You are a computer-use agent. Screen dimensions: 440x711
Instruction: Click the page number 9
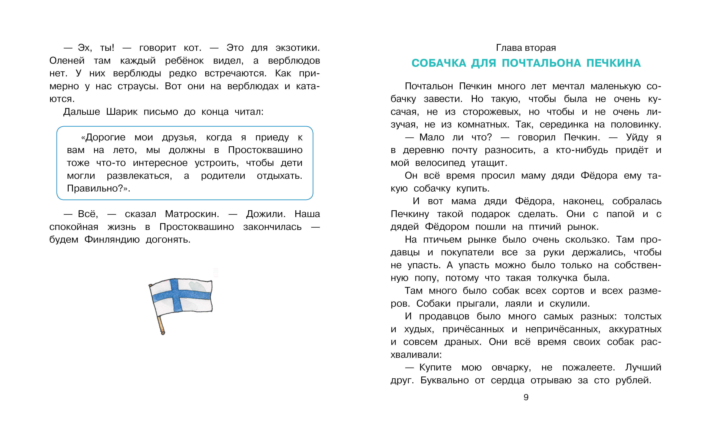(x=526, y=397)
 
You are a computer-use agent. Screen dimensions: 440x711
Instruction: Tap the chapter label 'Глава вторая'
(x=526, y=48)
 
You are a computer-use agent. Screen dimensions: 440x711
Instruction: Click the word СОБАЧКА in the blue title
(x=439, y=63)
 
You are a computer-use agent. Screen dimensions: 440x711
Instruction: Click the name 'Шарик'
(x=122, y=112)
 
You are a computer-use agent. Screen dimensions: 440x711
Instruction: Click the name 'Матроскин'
(x=192, y=214)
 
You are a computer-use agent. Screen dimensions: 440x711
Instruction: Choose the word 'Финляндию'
(x=112, y=240)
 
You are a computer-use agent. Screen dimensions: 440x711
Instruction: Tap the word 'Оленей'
(x=67, y=61)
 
